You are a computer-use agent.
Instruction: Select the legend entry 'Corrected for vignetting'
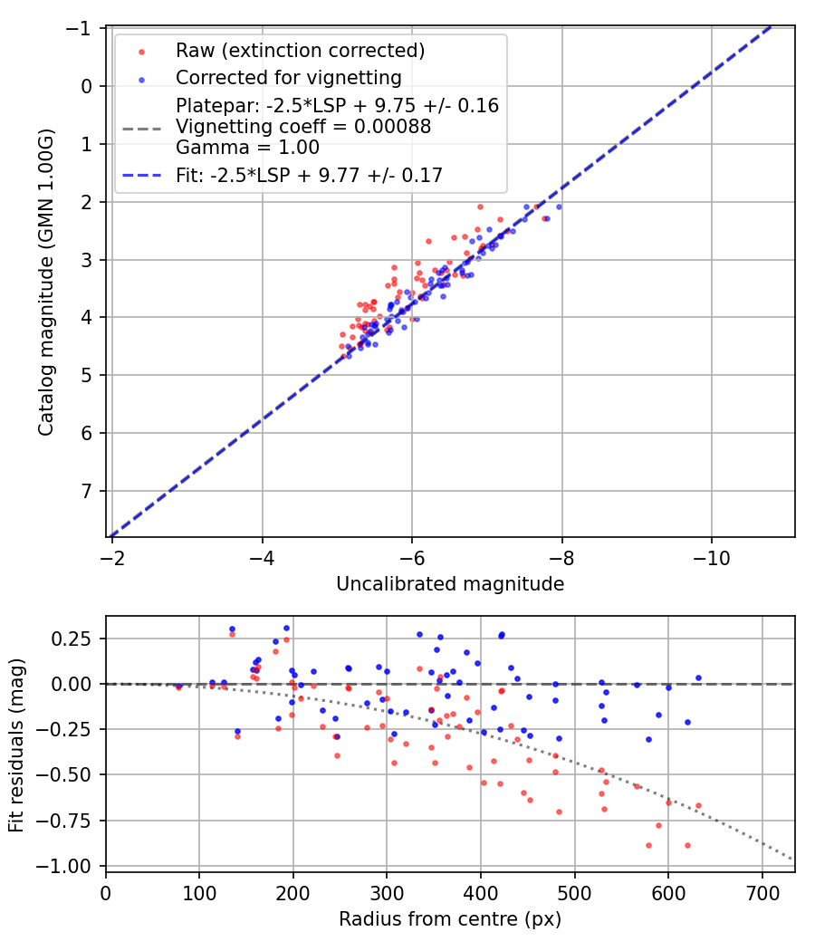point(288,77)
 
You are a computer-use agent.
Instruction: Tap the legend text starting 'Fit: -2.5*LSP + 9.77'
point(309,176)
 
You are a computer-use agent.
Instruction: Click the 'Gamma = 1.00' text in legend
point(247,147)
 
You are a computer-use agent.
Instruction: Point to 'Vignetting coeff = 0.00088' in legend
point(303,127)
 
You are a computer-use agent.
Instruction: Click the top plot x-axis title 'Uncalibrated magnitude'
point(450,584)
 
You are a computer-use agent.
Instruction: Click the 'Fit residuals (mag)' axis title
point(16,744)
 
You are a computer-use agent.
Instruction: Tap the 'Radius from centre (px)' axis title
point(450,919)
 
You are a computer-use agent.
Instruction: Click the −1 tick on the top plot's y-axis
point(84,29)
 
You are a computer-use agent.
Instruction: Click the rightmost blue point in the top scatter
point(559,207)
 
